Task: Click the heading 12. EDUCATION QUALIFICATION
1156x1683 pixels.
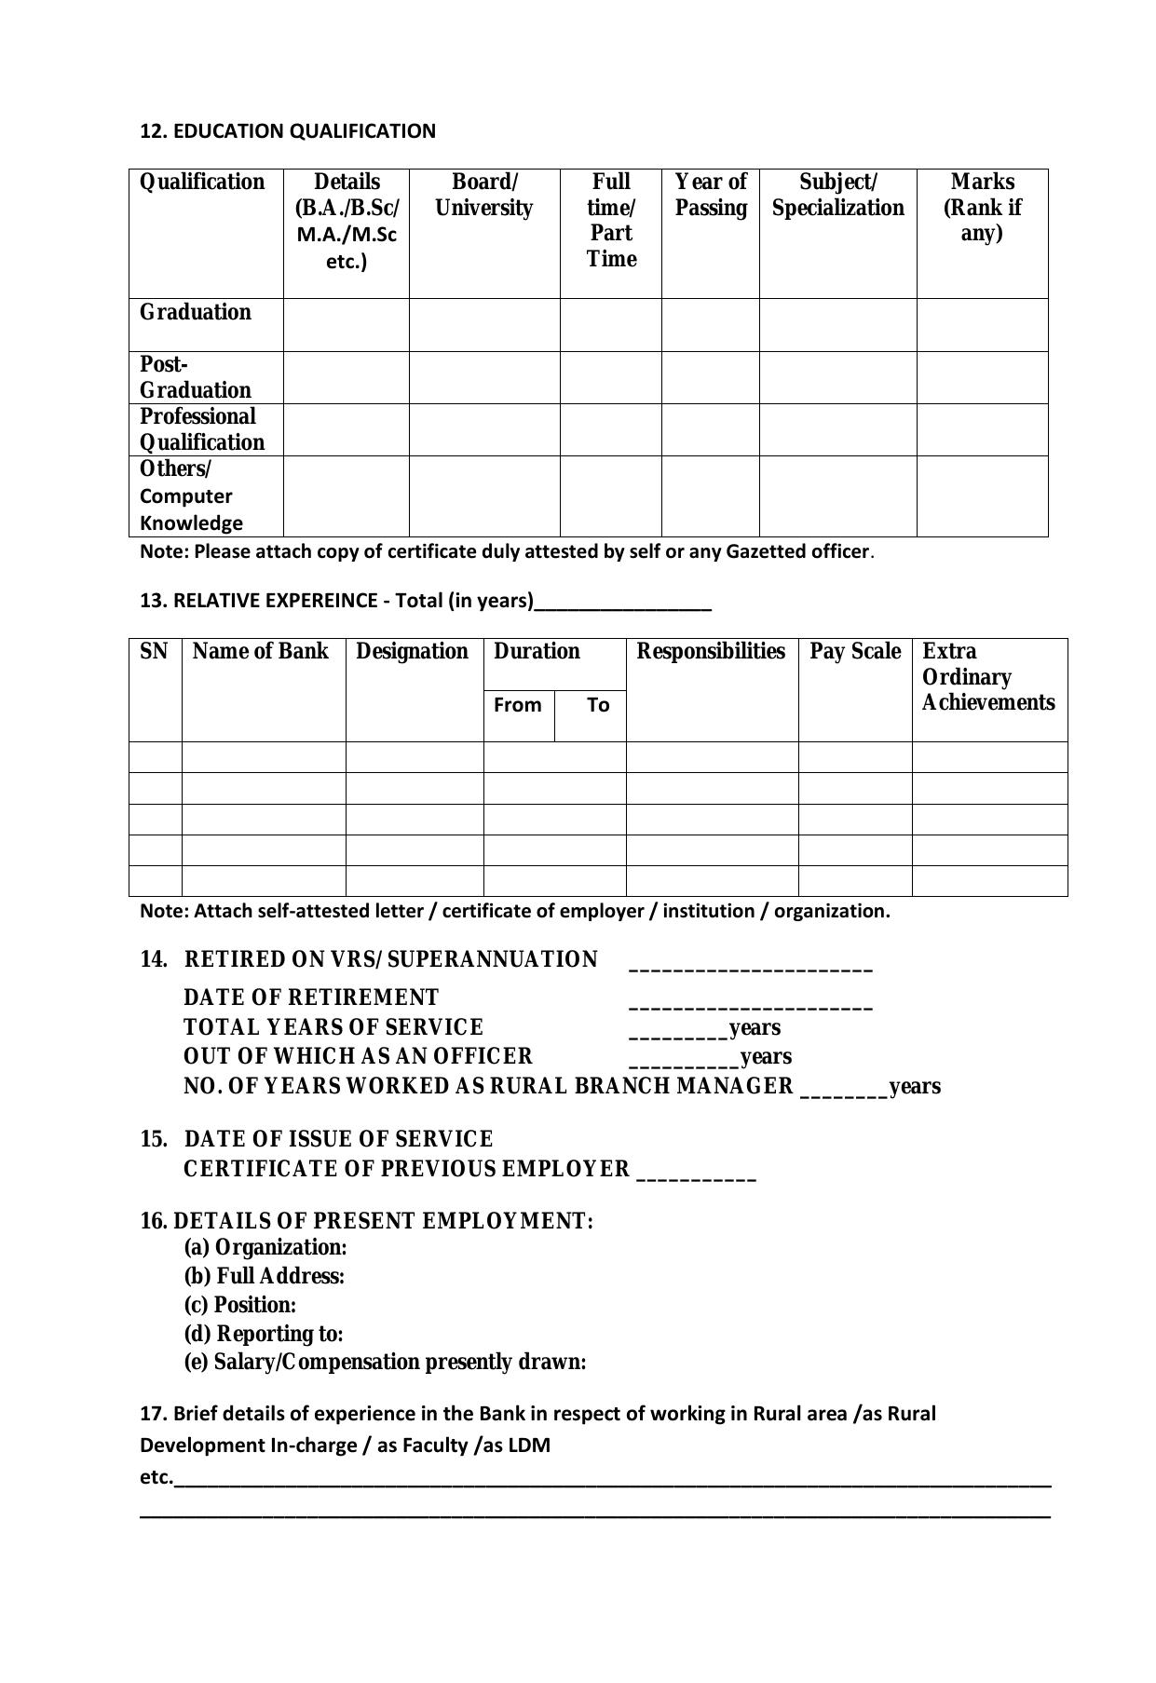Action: (287, 131)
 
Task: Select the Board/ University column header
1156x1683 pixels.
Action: (483, 195)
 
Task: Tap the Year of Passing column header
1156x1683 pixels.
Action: (710, 195)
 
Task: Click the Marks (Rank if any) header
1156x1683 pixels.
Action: (982, 207)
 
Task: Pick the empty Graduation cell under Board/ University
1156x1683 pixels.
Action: (483, 325)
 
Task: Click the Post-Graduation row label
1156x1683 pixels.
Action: (195, 377)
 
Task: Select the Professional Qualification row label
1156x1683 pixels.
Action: (201, 429)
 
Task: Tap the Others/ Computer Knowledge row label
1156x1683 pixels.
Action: (191, 495)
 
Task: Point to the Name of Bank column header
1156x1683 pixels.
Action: (260, 651)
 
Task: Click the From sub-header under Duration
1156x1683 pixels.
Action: (517, 705)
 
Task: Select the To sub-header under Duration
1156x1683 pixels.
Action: (598, 705)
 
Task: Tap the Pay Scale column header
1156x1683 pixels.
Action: (854, 651)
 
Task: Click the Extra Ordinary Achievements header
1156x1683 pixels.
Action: (987, 677)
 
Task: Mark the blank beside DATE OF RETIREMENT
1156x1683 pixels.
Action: (750, 1001)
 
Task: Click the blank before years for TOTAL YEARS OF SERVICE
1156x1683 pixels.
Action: (678, 1030)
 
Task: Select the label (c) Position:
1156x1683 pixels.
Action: (239, 1305)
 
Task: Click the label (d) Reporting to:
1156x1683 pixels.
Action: (263, 1334)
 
